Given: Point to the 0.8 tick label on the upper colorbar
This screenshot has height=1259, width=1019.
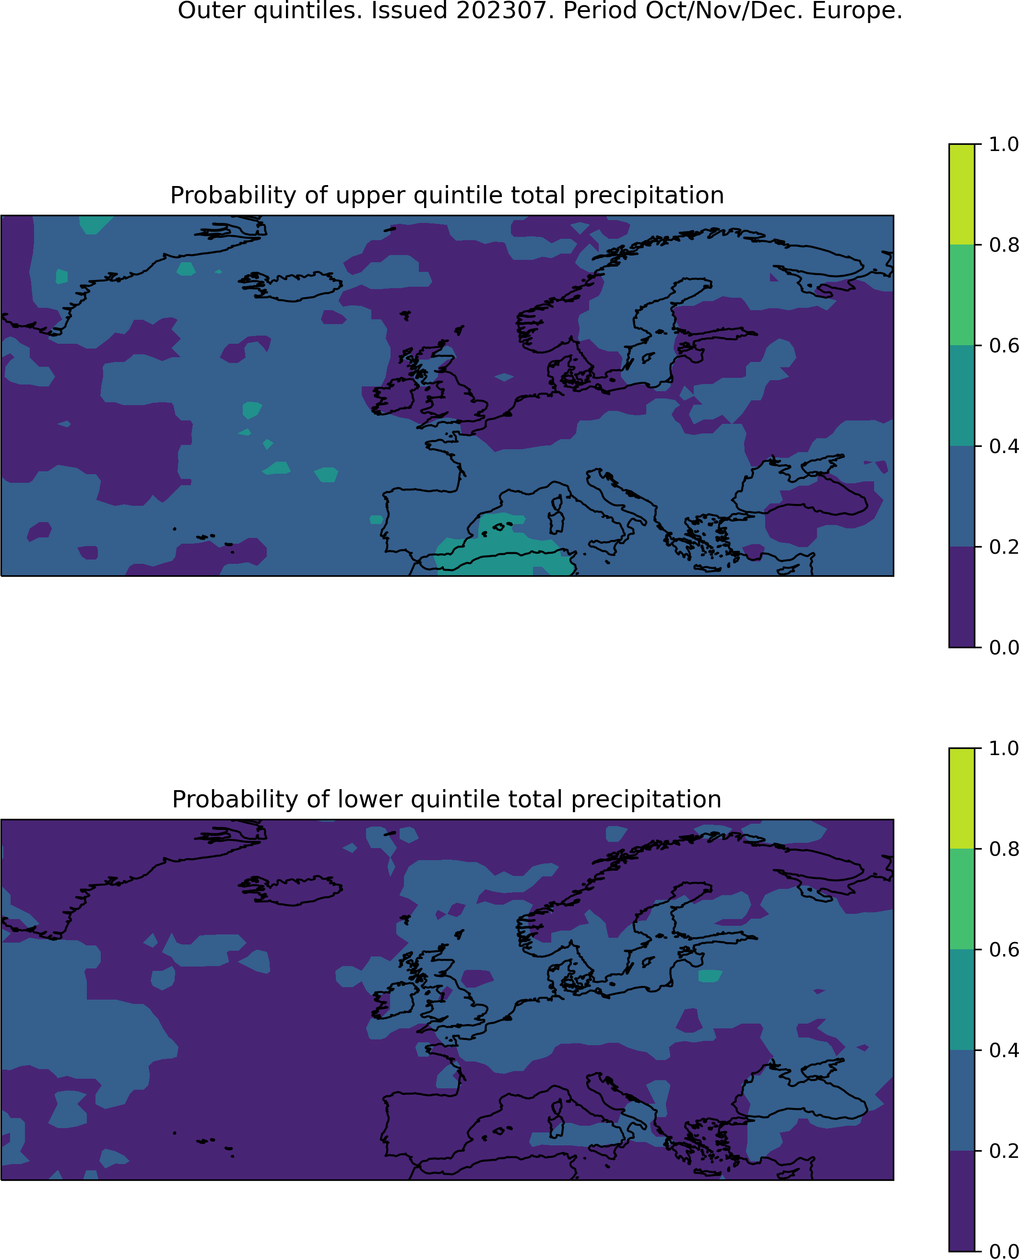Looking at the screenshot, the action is (x=1003, y=245).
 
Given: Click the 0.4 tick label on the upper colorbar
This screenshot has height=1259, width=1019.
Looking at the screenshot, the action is (x=1003, y=446).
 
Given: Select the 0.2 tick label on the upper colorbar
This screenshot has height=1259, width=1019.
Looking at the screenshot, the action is (x=1003, y=547).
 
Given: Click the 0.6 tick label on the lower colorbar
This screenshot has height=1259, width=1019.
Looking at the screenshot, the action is (x=1003, y=949).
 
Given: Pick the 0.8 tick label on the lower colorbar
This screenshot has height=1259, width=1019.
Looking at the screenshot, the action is (x=1003, y=848).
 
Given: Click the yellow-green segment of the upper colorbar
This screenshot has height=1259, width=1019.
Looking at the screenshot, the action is (x=961, y=194).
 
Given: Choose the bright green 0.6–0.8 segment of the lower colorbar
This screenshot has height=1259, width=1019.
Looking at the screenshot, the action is (x=961, y=899).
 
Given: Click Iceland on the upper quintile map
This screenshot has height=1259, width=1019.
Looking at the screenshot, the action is (x=292, y=286).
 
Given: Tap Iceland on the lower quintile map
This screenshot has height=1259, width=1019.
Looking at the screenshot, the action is (x=292, y=890).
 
